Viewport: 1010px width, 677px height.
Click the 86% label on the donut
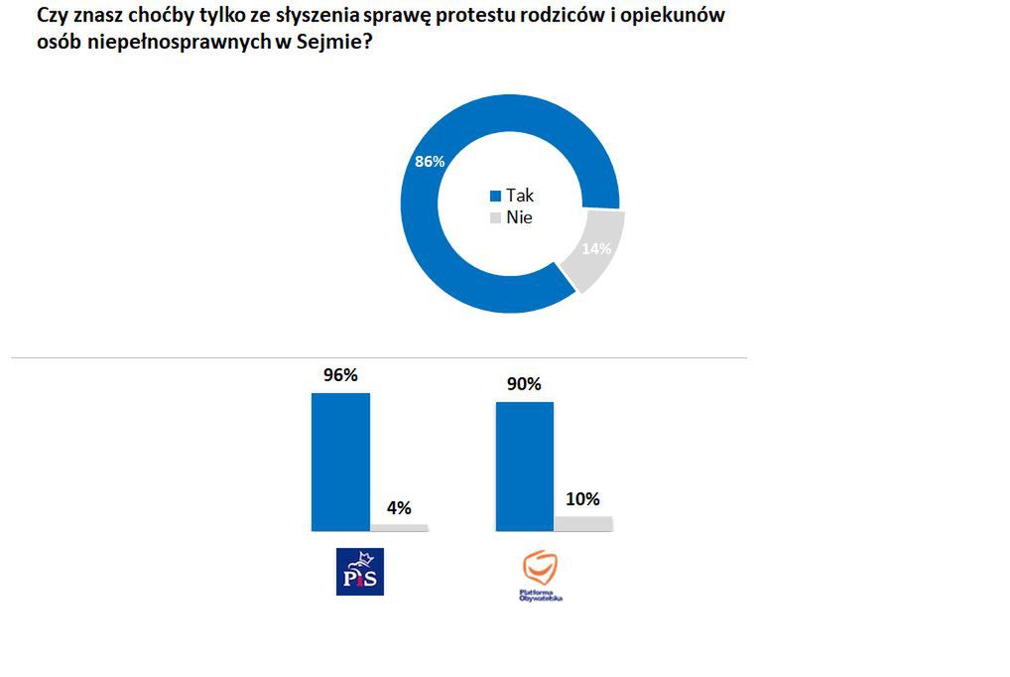pos(429,161)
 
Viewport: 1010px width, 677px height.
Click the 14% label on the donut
pos(595,249)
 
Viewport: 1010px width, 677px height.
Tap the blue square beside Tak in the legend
pos(495,197)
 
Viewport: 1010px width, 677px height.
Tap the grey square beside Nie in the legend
pos(495,218)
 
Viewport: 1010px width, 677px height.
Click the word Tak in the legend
pos(520,196)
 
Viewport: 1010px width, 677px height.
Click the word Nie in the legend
pos(519,217)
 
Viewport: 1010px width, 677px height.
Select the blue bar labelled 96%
pos(340,462)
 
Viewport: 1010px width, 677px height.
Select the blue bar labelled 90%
pos(524,467)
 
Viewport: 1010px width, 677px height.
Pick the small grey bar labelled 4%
pos(400,527)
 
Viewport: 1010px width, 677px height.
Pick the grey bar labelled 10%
pos(583,523)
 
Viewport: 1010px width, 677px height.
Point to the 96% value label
pos(340,375)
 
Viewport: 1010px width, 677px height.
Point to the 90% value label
pos(524,384)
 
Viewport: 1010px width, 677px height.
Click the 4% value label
pos(399,507)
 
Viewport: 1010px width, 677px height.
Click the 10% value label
pos(582,498)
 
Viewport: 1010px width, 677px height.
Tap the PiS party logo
pos(360,572)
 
